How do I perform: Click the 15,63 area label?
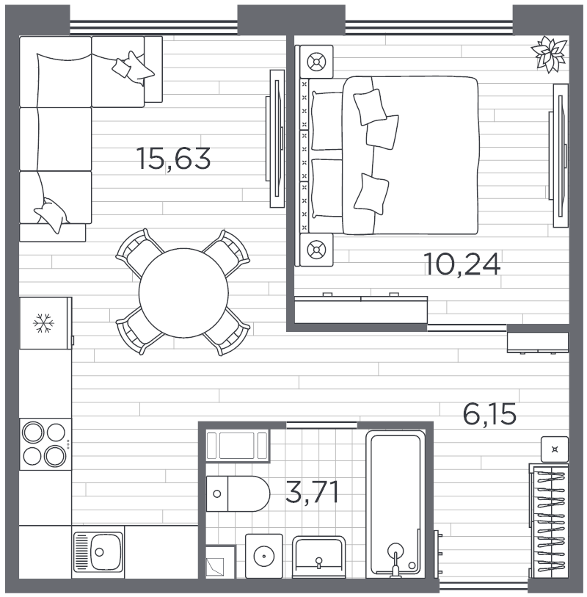[173, 159]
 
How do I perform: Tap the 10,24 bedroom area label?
[462, 264]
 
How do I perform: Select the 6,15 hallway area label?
[489, 414]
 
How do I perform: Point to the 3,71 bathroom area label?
[312, 491]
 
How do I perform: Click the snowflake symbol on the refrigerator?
[44, 323]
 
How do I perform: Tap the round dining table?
[183, 293]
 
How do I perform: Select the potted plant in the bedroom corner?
[550, 54]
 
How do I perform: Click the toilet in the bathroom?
[238, 493]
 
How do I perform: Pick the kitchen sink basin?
[106, 551]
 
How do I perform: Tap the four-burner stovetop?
[45, 444]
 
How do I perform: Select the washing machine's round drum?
[263, 556]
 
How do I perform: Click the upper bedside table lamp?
[316, 62]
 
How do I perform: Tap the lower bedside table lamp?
[316, 250]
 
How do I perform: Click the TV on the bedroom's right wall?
[559, 156]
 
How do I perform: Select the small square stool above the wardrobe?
[555, 449]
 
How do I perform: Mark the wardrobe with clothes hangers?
[549, 521]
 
